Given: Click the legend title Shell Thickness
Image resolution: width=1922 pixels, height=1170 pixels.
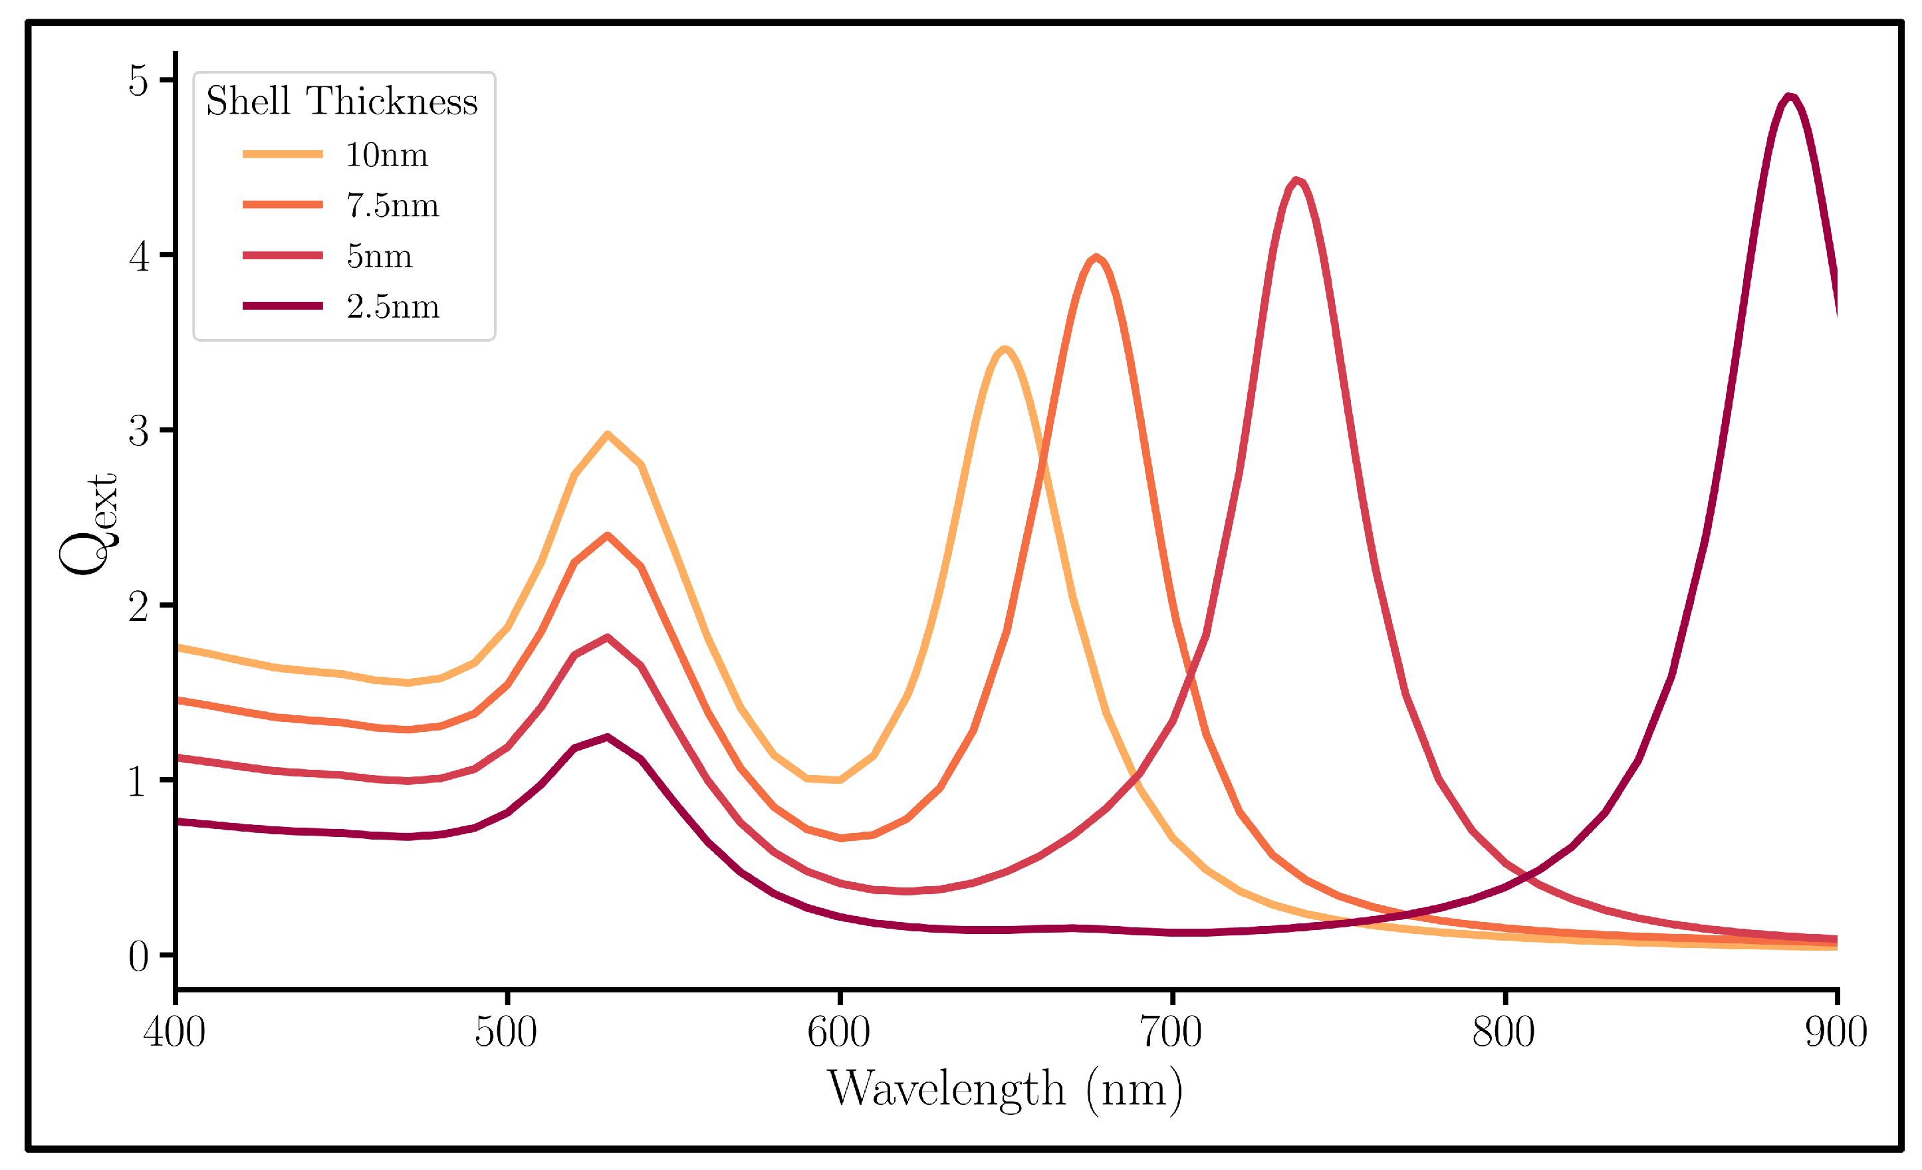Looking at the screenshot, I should click(x=342, y=102).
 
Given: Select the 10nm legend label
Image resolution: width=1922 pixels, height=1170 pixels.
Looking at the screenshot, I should click(x=387, y=154).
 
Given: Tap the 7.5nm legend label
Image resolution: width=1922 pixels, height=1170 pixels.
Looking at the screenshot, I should click(x=392, y=205).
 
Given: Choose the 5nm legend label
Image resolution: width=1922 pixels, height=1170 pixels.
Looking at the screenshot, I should click(x=379, y=256).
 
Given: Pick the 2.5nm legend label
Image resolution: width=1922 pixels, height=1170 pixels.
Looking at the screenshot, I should click(x=392, y=306).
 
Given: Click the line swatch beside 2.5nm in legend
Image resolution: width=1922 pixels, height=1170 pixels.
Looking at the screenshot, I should click(x=283, y=306).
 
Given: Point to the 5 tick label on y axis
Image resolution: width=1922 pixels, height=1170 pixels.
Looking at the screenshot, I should click(x=138, y=80).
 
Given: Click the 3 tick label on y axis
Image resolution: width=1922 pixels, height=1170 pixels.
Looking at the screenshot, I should click(x=138, y=431).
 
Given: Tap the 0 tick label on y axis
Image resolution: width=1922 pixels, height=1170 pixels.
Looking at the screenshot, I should click(x=138, y=957).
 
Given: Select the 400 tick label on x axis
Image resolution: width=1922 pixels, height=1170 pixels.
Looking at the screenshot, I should click(x=174, y=1032).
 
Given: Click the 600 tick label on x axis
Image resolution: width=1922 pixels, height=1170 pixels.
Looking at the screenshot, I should click(x=838, y=1032).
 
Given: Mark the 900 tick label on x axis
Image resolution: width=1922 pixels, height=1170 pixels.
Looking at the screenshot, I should click(x=1836, y=1032).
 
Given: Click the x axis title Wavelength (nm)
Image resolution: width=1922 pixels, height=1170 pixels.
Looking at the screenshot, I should click(x=1005, y=1090).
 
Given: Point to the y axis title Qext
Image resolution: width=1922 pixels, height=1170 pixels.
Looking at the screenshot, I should click(x=87, y=524).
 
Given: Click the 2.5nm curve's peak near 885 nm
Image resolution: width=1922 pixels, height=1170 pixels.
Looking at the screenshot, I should click(x=1790, y=96).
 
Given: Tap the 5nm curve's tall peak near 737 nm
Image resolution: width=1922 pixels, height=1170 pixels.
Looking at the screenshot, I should click(x=1296, y=181).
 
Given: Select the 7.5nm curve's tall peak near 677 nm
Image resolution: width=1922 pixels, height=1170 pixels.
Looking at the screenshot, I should click(x=1096, y=257).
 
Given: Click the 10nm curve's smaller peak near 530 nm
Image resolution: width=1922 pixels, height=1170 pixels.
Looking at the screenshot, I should click(x=607, y=435).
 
